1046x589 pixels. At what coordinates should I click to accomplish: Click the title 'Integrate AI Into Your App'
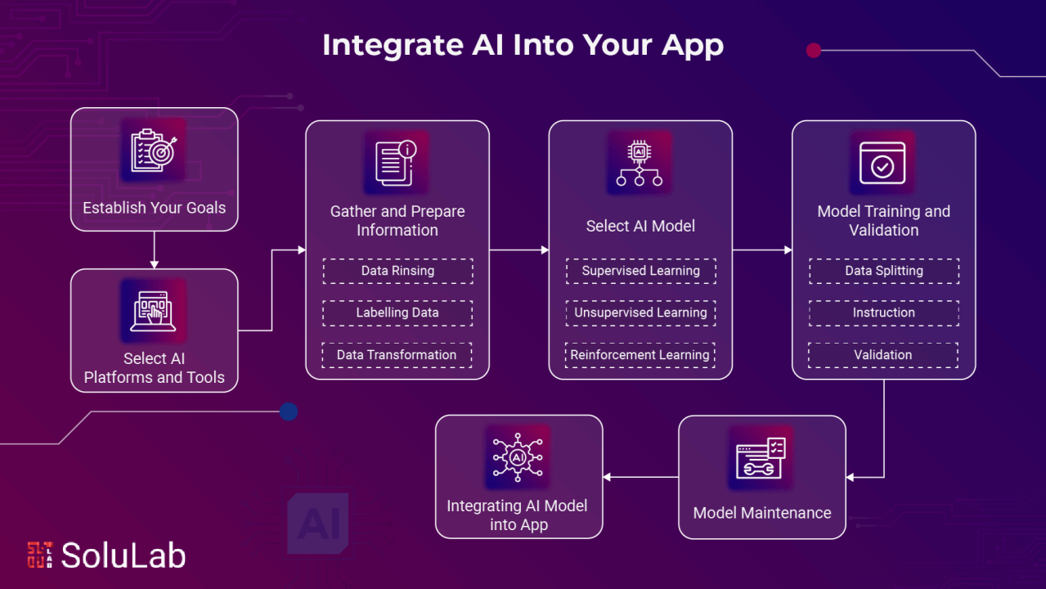click(523, 46)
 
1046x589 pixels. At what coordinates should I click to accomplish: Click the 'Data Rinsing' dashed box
click(397, 271)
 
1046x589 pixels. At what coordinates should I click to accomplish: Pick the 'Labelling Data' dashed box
click(397, 312)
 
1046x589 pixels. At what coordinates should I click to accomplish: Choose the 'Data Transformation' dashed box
click(397, 355)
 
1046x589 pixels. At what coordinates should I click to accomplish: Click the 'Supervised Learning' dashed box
click(640, 271)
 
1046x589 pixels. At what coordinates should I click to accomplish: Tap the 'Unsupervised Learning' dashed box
click(640, 312)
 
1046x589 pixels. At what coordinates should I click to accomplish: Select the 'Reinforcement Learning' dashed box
click(640, 355)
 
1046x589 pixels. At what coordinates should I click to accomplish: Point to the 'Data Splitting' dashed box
click(883, 271)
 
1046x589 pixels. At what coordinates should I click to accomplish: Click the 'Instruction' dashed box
click(883, 312)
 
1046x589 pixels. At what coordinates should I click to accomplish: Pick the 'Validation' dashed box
click(883, 355)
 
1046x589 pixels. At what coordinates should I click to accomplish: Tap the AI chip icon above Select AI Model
click(640, 163)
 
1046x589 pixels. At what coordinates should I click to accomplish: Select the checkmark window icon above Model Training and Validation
click(882, 163)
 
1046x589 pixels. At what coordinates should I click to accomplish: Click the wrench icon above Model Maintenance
click(761, 458)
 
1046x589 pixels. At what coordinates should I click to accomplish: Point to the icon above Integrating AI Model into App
click(518, 457)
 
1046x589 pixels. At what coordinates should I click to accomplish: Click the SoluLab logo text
click(123, 555)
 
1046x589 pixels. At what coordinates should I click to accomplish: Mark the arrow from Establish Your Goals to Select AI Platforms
click(154, 250)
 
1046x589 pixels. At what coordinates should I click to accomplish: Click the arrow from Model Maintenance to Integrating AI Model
click(640, 477)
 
